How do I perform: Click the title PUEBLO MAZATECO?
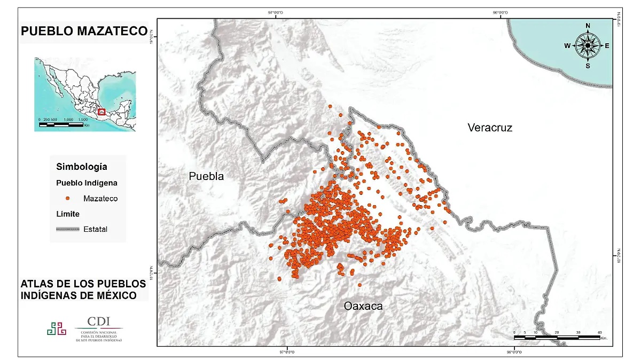click(83, 32)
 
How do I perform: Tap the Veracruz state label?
click(489, 128)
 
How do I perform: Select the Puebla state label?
click(206, 176)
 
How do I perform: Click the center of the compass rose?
click(588, 46)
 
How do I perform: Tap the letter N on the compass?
click(588, 26)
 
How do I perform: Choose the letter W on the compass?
click(567, 46)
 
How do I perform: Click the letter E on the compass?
click(607, 46)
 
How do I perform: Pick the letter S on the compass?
click(588, 66)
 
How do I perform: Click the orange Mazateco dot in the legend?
click(68, 198)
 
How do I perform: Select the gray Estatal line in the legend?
click(68, 229)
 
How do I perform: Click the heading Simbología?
click(81, 167)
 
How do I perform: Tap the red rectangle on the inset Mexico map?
click(101, 112)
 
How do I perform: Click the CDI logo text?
click(99, 321)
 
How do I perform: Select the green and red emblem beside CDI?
click(57, 328)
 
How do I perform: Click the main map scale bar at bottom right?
click(557, 337)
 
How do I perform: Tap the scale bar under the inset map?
click(61, 124)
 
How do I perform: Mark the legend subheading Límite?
click(68, 214)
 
